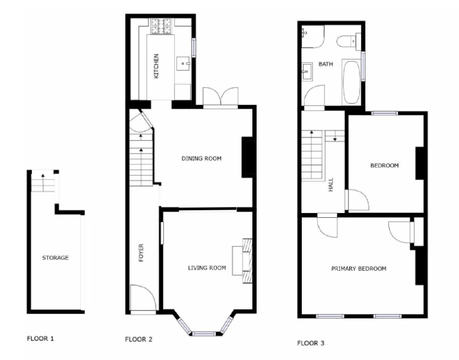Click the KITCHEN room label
coord(156,66)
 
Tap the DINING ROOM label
coord(201,158)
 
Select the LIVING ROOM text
coord(207,268)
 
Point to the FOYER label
coord(141,252)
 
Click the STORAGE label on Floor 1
coord(55,258)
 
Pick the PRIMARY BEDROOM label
coord(359,269)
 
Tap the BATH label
coord(326,64)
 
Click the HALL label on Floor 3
coord(331,184)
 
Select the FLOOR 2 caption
coord(139,339)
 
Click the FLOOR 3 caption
coord(311,343)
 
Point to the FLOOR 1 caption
coord(40,338)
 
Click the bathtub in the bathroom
coord(352,82)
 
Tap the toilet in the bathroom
coord(348,41)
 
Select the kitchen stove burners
coord(161,26)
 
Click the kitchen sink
coord(184,64)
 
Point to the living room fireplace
coord(242,261)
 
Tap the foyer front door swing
coord(143,297)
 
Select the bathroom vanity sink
coord(307,71)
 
